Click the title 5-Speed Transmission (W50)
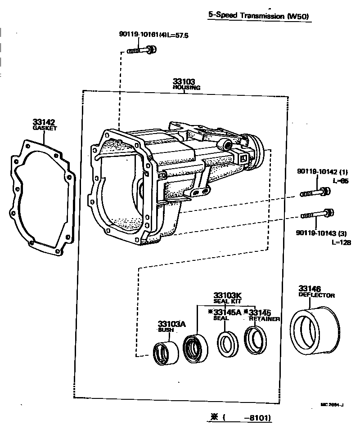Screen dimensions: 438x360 [260, 15]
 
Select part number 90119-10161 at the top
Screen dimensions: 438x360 [138, 35]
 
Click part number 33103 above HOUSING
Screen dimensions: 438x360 [184, 82]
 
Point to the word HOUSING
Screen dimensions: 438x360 [186, 88]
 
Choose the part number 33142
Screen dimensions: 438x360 [44, 122]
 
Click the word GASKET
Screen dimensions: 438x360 [45, 128]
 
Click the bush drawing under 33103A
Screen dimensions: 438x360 [165, 352]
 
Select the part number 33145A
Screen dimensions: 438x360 [227, 312]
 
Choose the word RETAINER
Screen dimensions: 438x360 [264, 318]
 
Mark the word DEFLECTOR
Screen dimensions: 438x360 [317, 295]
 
